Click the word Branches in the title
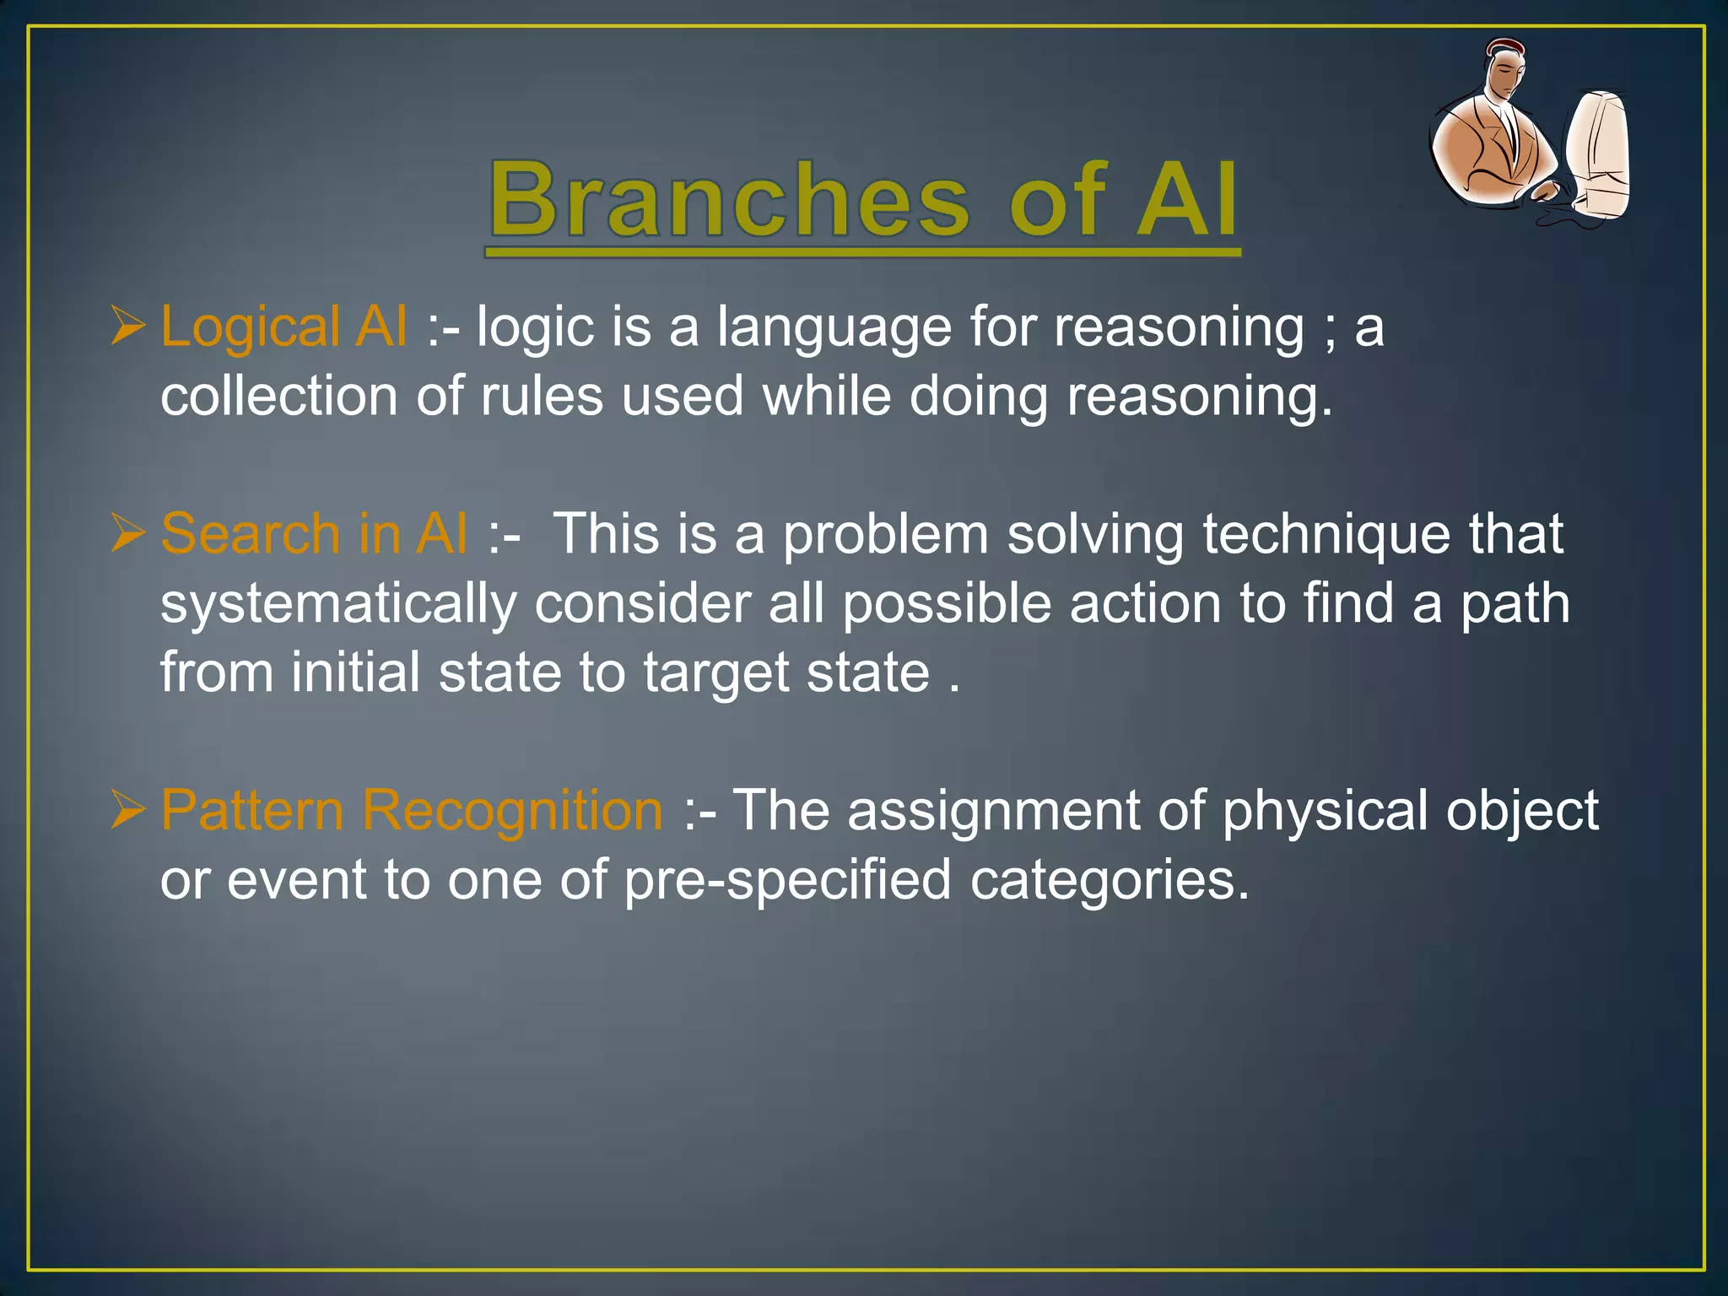[x=730, y=201]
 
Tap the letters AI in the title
[x=1186, y=201]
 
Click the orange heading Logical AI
[x=283, y=327]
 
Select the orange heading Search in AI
[x=314, y=534]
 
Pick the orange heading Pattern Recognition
[x=412, y=811]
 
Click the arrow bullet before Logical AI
[x=128, y=327]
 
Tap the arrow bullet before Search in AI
[x=128, y=535]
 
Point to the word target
[x=716, y=674]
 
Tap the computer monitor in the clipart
[x=1599, y=152]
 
